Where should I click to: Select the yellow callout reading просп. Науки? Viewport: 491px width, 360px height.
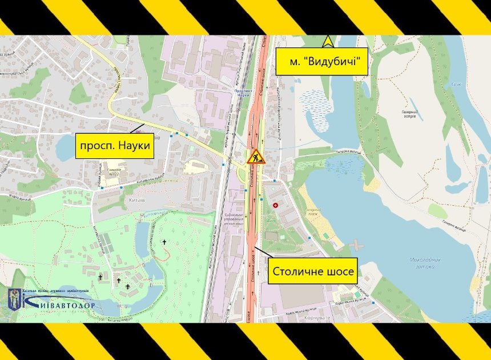click(x=116, y=146)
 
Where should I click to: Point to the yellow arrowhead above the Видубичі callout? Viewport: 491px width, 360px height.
click(x=328, y=41)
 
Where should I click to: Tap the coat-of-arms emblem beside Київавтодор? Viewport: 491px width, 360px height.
click(x=14, y=299)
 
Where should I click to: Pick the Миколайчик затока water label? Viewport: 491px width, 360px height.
click(x=425, y=262)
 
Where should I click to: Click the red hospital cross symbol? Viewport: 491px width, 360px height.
click(x=276, y=205)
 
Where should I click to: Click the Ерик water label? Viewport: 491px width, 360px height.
click(x=456, y=83)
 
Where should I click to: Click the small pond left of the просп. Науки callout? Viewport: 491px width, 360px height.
click(x=66, y=148)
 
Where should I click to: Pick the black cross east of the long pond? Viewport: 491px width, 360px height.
click(x=166, y=242)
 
